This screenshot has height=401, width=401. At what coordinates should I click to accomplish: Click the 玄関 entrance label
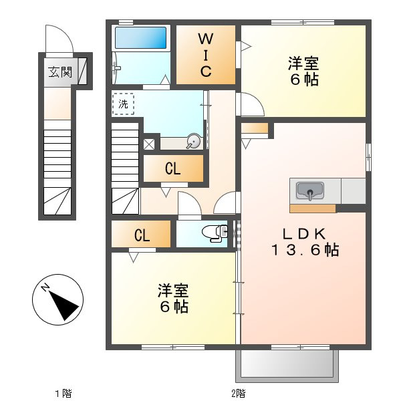pos(60,72)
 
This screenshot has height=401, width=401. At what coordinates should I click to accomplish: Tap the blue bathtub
pos(140,37)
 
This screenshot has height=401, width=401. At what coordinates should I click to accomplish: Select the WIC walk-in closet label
pos(206,55)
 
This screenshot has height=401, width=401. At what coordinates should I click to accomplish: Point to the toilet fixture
pos(215,233)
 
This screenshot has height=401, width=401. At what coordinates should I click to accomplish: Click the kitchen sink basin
pos(310,190)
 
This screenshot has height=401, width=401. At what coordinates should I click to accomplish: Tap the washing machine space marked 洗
pos(123,104)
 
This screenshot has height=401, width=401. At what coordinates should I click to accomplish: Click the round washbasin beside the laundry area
pos(193,141)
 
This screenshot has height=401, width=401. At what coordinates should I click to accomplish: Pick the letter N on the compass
pos(45,287)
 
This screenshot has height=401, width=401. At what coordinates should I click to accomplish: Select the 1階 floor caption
pos(63,393)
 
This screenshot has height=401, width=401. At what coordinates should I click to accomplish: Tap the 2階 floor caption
pos(239,393)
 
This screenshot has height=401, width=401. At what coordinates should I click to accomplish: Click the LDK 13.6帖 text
pos(305,242)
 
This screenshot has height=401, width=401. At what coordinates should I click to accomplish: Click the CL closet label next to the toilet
pos(142,235)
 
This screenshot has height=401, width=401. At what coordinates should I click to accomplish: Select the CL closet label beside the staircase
pos(173,169)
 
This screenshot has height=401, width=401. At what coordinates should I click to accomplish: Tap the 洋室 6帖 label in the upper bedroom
pos(303,71)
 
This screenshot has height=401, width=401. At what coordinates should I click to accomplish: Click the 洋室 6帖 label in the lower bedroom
pos(173,299)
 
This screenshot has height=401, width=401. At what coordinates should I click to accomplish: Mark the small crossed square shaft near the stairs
pos(149,144)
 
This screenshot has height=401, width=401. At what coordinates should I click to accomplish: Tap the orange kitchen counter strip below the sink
pos(313,209)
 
